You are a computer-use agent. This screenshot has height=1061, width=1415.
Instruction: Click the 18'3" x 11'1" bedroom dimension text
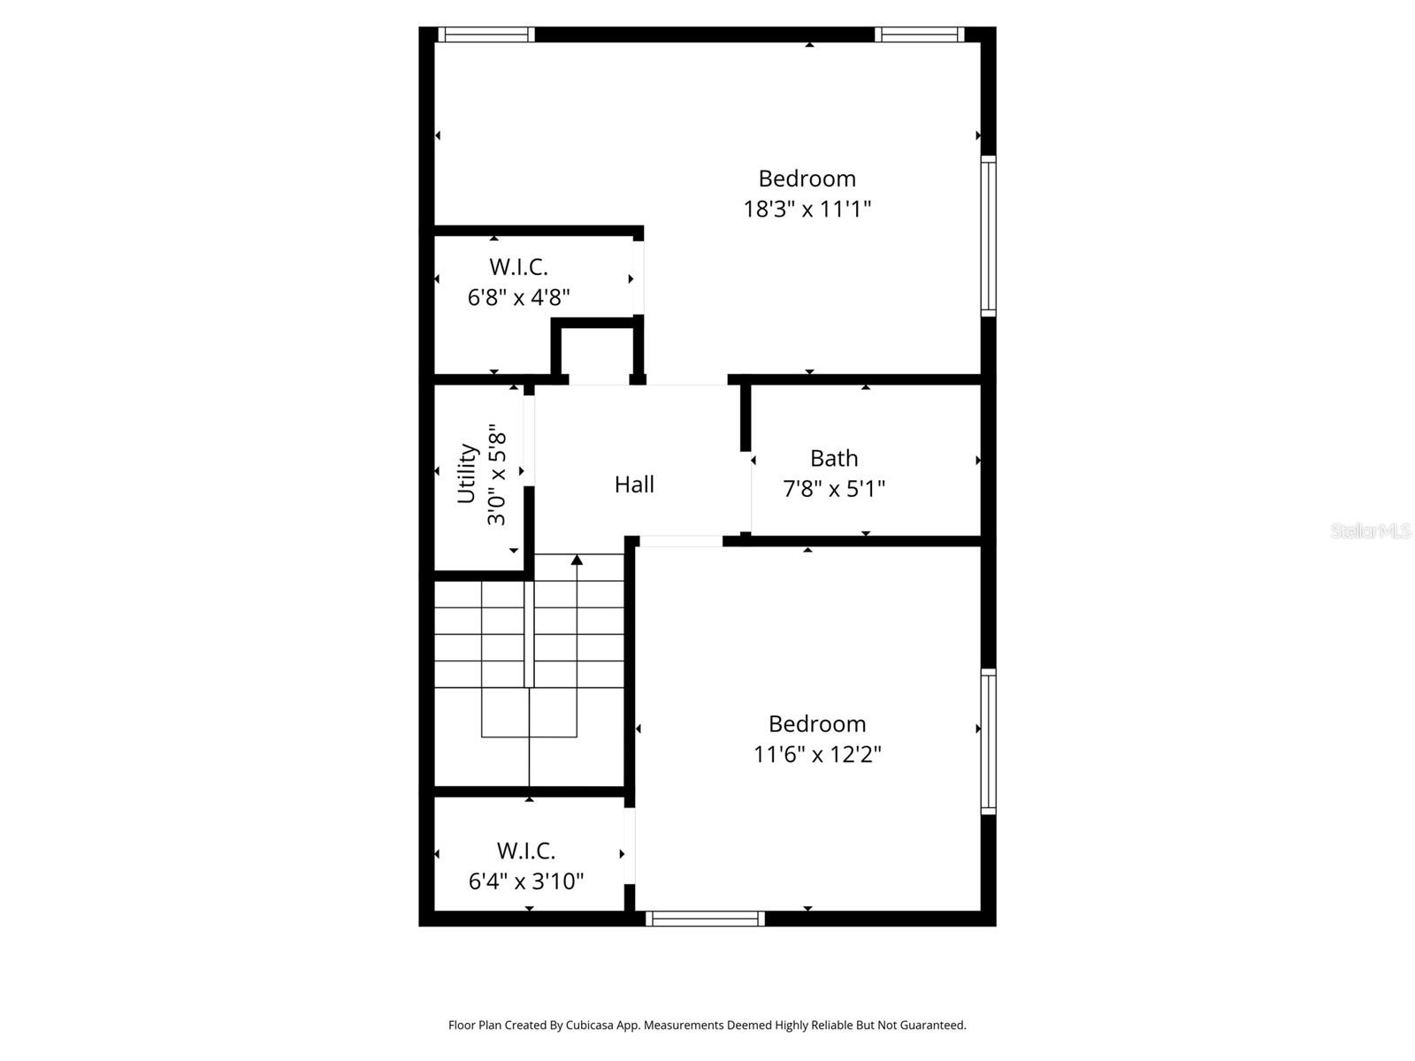click(807, 210)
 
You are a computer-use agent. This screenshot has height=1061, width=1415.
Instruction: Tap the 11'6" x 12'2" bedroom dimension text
click(817, 754)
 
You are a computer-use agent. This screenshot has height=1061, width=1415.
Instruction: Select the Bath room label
click(834, 458)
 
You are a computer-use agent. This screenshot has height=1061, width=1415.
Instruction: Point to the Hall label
click(634, 485)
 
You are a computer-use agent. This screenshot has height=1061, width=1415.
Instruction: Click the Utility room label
click(467, 474)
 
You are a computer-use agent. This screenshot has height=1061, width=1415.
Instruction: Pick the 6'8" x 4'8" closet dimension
click(518, 297)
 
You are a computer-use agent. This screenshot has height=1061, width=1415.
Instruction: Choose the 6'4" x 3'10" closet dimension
click(526, 882)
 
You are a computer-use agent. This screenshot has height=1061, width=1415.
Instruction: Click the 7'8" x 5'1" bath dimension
click(834, 489)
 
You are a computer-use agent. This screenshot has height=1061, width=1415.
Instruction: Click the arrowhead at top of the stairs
click(577, 560)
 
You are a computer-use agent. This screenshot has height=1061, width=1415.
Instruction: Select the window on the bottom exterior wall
click(705, 920)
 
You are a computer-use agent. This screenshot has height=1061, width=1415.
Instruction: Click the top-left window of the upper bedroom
click(486, 34)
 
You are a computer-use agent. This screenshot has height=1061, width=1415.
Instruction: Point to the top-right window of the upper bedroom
click(920, 34)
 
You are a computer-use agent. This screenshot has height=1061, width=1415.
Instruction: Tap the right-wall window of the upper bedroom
click(989, 236)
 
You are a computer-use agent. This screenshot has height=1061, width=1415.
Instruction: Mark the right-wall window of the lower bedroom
click(989, 741)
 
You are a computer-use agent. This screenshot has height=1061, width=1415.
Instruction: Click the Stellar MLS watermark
click(1371, 531)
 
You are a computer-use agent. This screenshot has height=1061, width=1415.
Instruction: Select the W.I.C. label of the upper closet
click(518, 267)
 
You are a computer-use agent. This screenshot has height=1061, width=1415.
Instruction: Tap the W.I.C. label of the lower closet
click(526, 851)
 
